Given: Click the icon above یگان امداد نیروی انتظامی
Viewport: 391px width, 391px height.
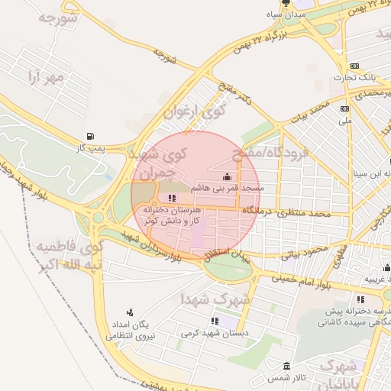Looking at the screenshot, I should [x=130, y=312].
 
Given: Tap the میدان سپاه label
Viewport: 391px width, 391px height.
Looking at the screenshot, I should [x=286, y=15].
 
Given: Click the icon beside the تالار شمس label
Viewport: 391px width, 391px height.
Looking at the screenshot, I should [x=287, y=367].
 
